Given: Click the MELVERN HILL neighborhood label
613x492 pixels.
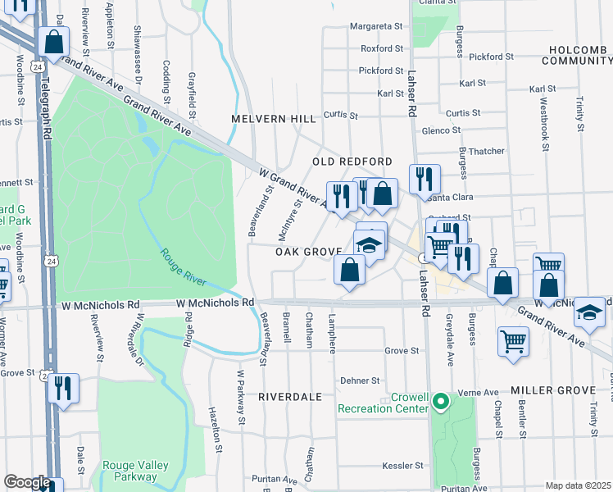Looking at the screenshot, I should pos(273,119).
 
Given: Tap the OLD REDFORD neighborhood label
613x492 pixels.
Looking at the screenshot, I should pos(352,162).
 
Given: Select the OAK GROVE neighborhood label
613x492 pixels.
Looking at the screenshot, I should pos(307,252).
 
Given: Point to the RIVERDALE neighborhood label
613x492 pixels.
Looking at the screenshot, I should pos(290,396).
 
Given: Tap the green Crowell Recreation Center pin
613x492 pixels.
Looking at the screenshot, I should pos(441,402).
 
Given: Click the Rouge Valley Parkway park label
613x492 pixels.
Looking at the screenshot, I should pos(136,471).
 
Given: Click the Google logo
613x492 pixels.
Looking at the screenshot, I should pos(27,482).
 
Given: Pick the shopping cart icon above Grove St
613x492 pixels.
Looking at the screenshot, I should pos(513,340).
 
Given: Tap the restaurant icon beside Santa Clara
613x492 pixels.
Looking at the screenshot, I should pos(425,180).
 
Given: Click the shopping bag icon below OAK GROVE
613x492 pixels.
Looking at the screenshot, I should pos(350,270).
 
